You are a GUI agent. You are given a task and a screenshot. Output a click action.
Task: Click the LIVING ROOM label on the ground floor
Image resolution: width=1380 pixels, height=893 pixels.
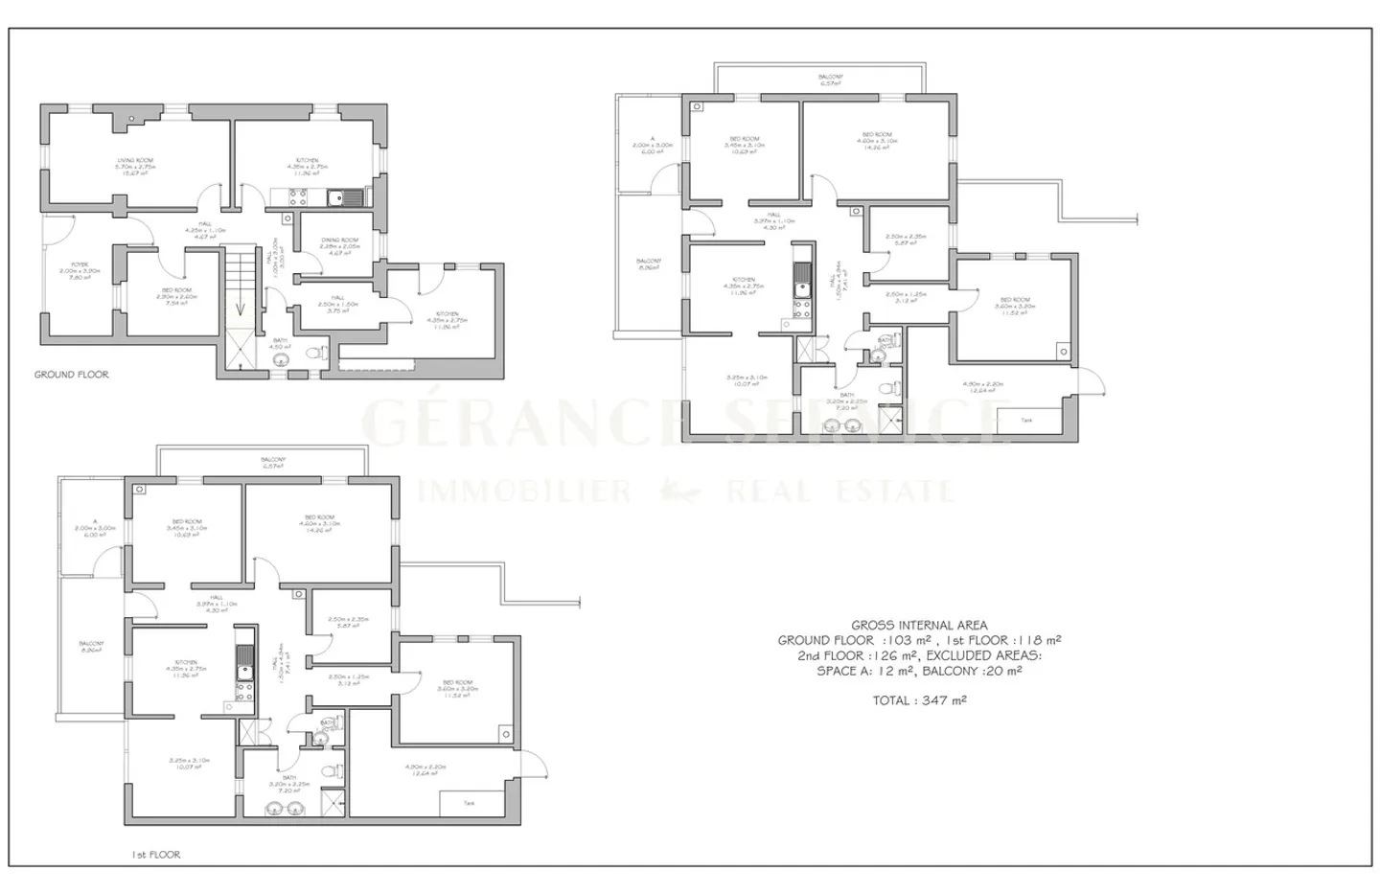click(135, 160)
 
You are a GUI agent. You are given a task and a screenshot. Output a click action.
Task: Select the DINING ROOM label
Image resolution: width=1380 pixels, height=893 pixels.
click(339, 240)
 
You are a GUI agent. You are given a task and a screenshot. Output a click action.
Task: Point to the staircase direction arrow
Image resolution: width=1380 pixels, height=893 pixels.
click(241, 309)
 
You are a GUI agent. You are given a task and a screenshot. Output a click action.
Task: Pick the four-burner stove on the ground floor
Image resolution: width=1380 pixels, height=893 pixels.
click(298, 198)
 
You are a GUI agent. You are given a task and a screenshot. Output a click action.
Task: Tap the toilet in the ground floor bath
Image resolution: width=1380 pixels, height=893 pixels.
click(314, 354)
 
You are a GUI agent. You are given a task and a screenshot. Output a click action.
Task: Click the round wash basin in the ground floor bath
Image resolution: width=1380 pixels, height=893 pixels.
click(281, 360)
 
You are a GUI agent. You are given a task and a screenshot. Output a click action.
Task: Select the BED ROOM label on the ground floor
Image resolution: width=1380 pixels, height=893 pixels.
click(176, 290)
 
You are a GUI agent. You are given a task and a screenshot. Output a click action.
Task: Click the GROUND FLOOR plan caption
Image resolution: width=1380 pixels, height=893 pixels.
click(72, 375)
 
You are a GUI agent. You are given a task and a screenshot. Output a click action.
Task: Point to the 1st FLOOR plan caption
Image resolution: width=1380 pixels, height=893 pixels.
click(156, 854)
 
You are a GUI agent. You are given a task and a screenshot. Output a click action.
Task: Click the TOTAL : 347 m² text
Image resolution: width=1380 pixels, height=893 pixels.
click(919, 700)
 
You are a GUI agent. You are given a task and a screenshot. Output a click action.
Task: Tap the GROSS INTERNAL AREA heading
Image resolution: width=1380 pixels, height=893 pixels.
click(919, 626)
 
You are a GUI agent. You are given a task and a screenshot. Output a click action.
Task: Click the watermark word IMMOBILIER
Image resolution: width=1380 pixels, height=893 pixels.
click(524, 492)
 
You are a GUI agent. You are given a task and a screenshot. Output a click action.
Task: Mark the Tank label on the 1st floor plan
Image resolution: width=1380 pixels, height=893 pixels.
click(469, 803)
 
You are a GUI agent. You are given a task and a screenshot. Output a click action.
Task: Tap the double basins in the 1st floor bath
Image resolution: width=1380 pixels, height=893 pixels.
click(285, 809)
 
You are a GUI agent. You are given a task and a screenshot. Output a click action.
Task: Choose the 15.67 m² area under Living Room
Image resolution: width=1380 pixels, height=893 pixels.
click(135, 173)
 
